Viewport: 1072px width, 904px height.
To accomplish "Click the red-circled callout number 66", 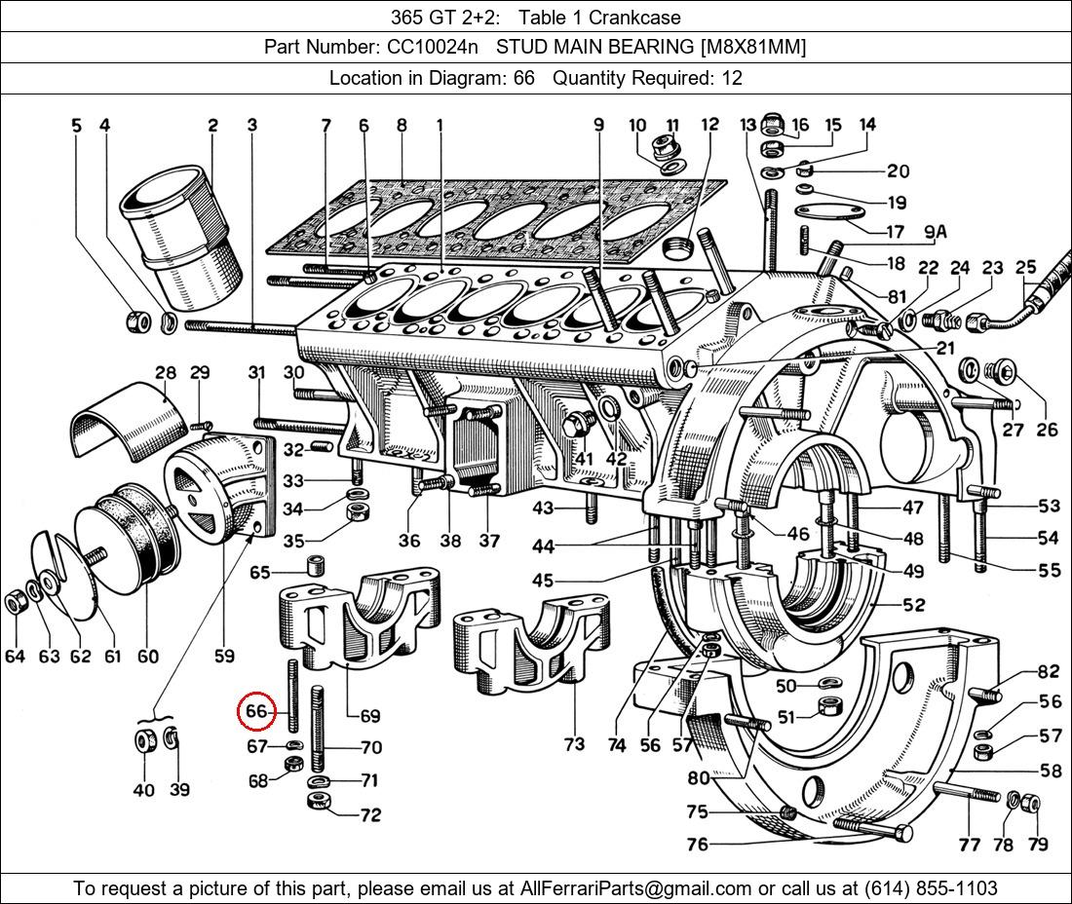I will coord(256,711).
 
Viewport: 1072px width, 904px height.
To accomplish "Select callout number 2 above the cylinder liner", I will coord(212,125).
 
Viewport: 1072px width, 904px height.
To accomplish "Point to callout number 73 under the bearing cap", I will coord(574,744).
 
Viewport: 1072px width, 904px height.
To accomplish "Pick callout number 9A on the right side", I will coord(936,232).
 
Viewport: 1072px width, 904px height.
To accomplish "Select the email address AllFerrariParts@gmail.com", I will coord(636,888).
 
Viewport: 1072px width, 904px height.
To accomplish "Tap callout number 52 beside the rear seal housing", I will coord(913,605).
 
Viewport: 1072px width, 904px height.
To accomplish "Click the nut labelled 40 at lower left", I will coord(143,742).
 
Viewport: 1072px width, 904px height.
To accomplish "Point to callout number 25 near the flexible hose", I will coord(1025,267).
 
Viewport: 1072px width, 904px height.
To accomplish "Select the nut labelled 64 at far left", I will coord(16,603).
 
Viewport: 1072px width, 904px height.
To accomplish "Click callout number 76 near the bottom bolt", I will coord(697,845).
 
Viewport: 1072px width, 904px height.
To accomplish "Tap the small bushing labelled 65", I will coord(316,567).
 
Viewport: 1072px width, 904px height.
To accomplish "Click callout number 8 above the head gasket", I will coord(401,125).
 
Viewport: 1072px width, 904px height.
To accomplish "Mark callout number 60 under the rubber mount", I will coord(147,657).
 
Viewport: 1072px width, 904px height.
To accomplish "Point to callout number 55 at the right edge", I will coord(1049,571).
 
